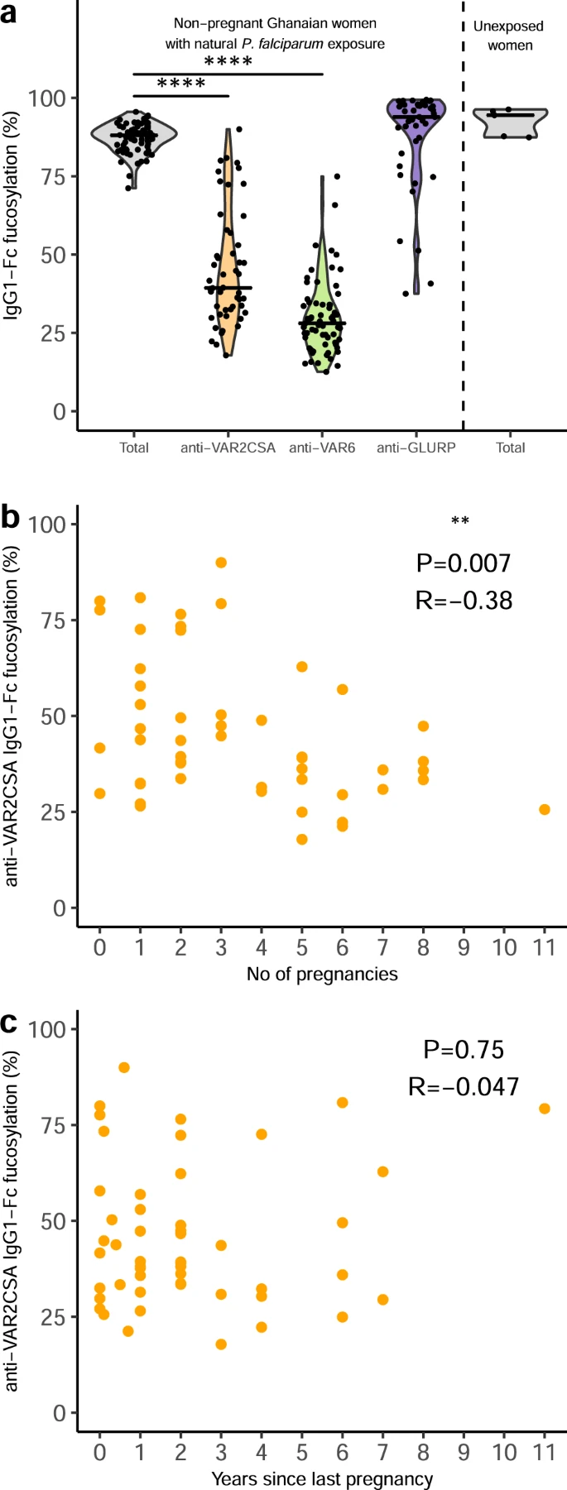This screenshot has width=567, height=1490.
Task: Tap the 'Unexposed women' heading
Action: [x=509, y=36]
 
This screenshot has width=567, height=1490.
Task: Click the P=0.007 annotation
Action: [x=464, y=563]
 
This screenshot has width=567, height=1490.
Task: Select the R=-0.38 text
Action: [x=464, y=600]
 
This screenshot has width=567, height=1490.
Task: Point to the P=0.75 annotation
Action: [x=464, y=1050]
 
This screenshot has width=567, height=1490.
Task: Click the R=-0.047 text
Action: [x=464, y=1085]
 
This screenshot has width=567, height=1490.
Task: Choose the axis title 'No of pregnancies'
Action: [x=322, y=974]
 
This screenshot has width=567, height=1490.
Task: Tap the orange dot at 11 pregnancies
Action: [x=545, y=809]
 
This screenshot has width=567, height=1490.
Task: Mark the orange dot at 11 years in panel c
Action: [x=545, y=1109]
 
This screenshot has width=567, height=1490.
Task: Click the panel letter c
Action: [x=10, y=1024]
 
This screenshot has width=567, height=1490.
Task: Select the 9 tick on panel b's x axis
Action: [x=464, y=946]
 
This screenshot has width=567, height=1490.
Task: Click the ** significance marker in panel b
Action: [x=460, y=521]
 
